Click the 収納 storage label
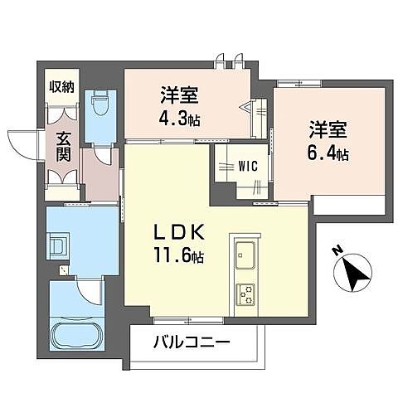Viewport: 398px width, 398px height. (x=61, y=87)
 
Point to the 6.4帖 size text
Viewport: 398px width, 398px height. (x=330, y=153)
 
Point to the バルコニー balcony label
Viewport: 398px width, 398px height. (x=192, y=342)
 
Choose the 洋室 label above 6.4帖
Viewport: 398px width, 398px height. (x=329, y=130)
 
